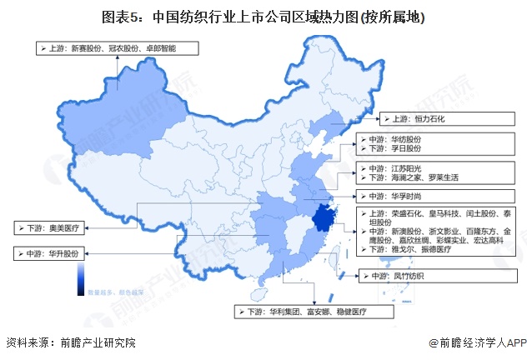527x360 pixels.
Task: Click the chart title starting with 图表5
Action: coord(263,17)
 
